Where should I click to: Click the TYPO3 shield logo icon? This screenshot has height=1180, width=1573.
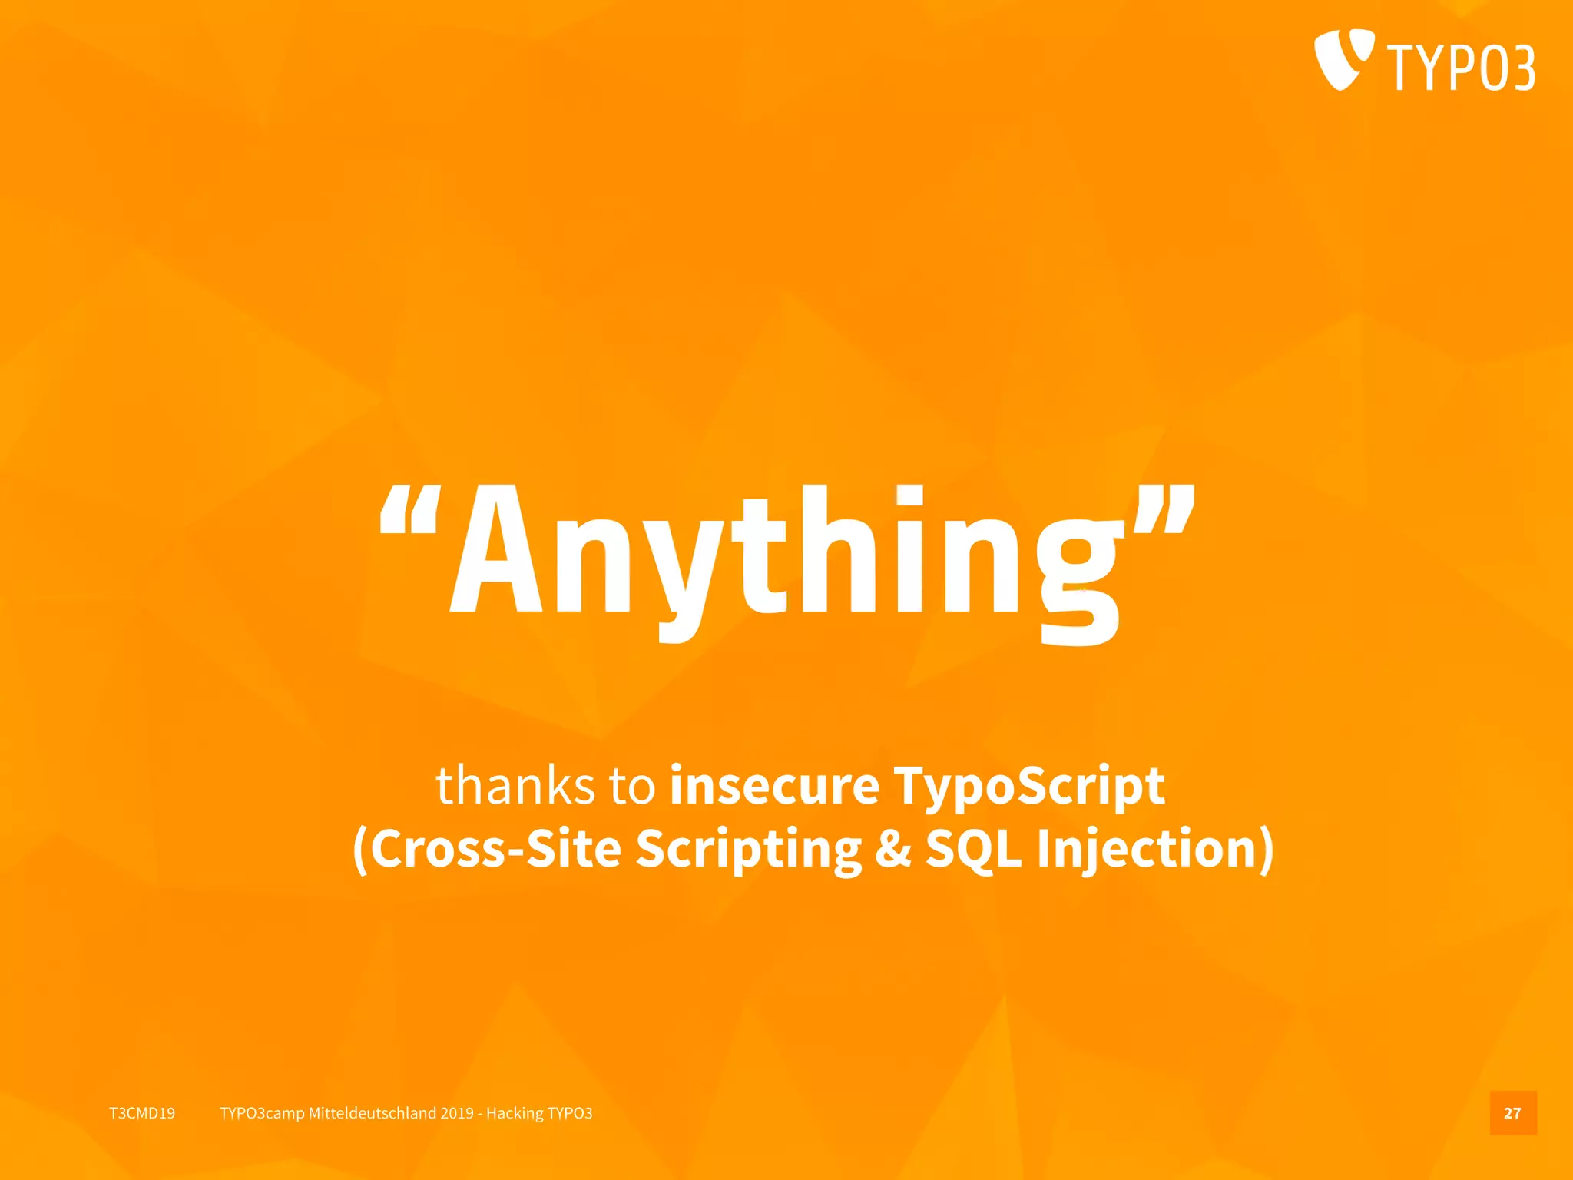(x=1343, y=58)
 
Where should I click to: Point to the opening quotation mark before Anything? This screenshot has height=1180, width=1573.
(x=410, y=510)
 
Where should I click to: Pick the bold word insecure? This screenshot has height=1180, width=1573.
(x=774, y=785)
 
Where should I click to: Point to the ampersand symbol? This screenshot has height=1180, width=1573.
(x=892, y=848)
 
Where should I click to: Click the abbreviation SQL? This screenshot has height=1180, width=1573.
(x=974, y=850)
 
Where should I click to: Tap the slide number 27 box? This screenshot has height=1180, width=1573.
(x=1512, y=1113)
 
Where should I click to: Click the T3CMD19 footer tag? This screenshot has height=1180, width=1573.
(x=142, y=1113)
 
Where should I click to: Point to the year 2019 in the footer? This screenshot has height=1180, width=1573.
(x=457, y=1113)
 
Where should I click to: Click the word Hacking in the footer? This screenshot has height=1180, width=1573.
(x=514, y=1113)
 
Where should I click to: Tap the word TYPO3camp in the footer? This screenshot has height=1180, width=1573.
(x=262, y=1113)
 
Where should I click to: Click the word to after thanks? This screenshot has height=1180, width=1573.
(x=631, y=785)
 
